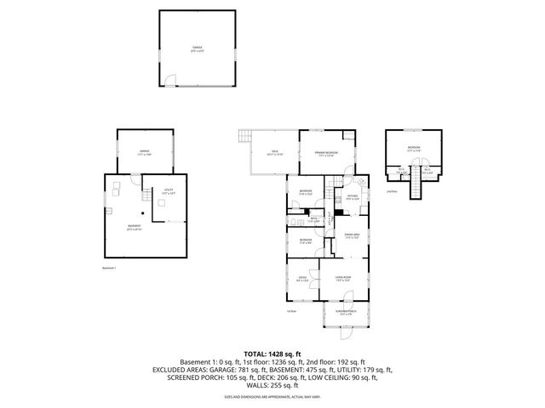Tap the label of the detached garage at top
click(197, 48)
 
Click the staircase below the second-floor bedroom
click(415, 190)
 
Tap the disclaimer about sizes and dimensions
click(272, 397)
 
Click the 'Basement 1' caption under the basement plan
click(108, 269)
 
